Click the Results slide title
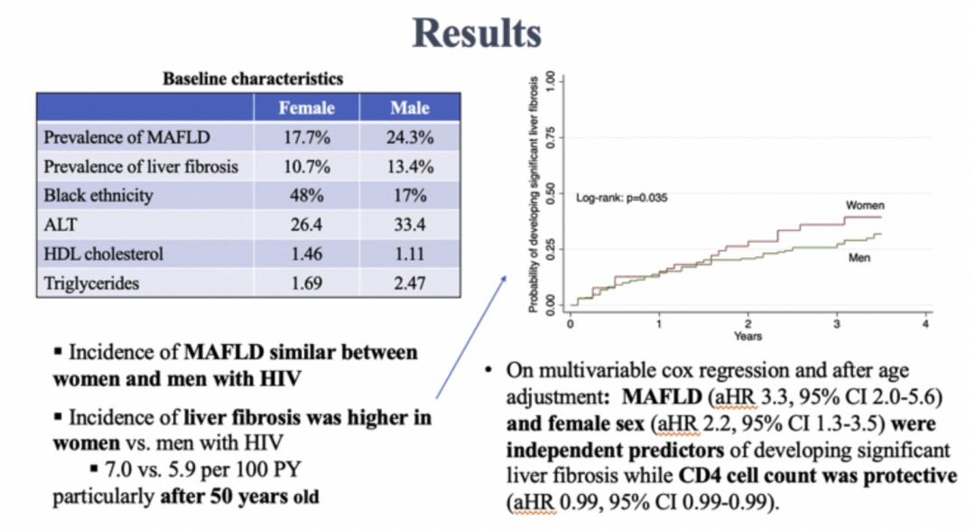[x=476, y=33]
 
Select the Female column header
[x=306, y=108]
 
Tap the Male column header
[x=409, y=108]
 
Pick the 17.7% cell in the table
[x=306, y=138]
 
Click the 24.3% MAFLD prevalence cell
[x=409, y=138]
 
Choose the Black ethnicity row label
[x=97, y=196]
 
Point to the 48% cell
[x=306, y=196]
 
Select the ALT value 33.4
[x=409, y=225]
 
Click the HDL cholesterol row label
[x=103, y=254]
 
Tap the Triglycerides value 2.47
[x=409, y=284]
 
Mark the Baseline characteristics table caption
[x=253, y=79]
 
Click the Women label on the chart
[x=865, y=206]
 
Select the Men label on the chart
[x=859, y=257]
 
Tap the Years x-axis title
[x=747, y=337]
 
